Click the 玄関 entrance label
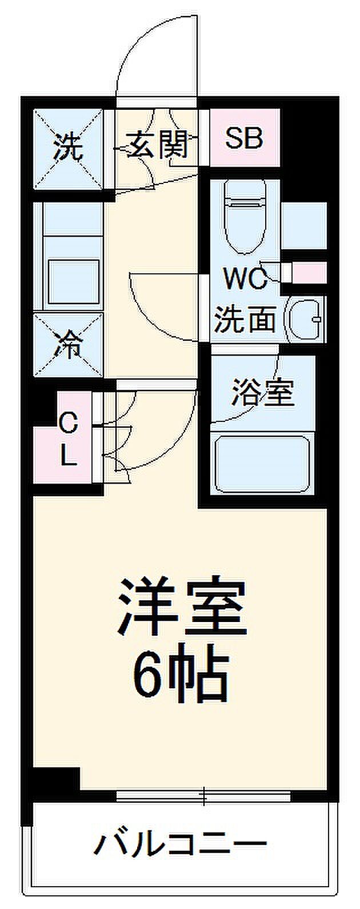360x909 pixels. [158, 144]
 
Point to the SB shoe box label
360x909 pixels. [244, 138]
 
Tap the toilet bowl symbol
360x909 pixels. [245, 217]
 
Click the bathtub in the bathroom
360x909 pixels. [262, 465]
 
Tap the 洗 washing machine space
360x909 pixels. [69, 149]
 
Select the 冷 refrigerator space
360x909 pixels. [69, 345]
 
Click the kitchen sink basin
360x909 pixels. [74, 282]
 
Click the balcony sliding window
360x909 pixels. [203, 796]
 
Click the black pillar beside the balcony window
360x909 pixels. [57, 778]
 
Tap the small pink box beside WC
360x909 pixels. [309, 273]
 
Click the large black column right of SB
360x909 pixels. [310, 150]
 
